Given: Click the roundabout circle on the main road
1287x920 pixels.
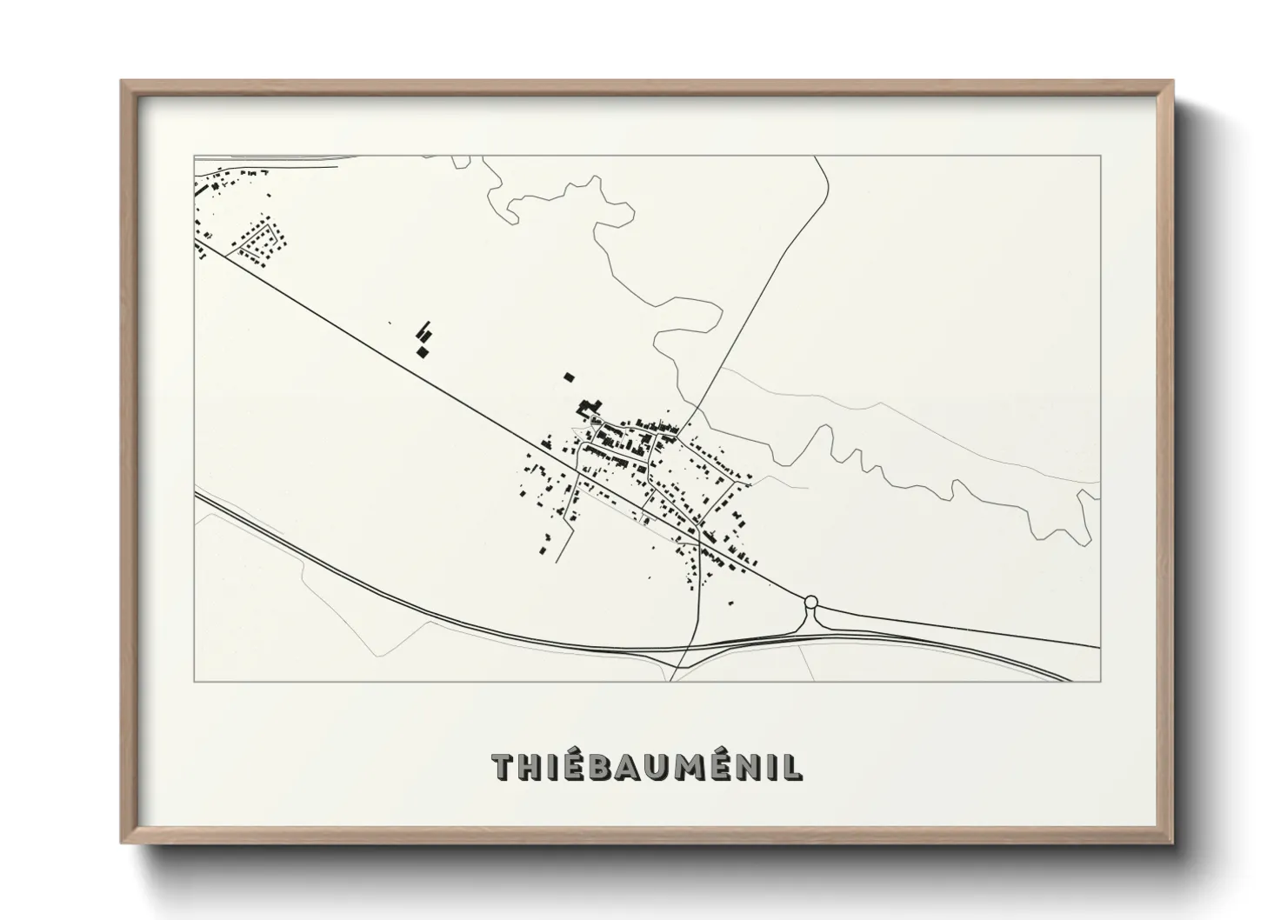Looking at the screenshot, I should tap(810, 601).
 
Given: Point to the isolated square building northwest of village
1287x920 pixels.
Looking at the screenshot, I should tap(569, 377).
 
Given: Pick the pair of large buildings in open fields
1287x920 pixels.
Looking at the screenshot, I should tap(424, 340).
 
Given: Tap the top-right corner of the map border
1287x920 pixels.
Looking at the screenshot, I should tap(1100, 156).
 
